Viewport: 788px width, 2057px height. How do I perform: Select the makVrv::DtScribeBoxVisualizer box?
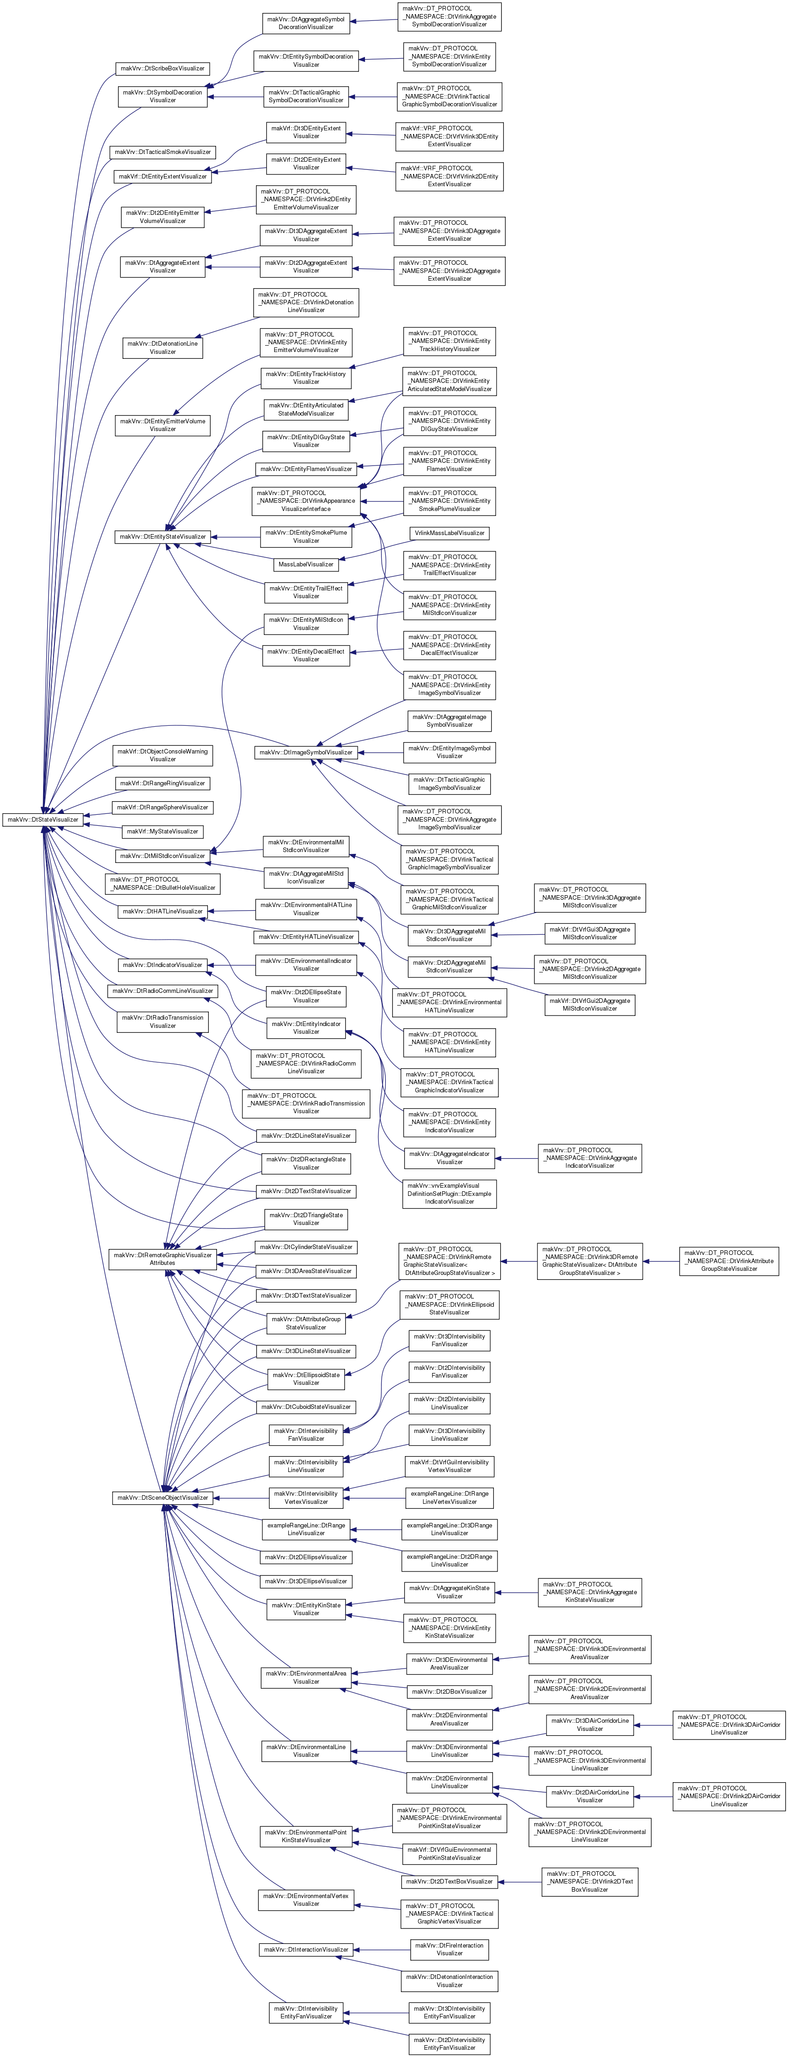click(x=163, y=69)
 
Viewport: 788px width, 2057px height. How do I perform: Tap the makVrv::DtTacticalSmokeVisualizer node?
click(x=163, y=152)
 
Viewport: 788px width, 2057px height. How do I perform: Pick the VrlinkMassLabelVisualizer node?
click(x=449, y=533)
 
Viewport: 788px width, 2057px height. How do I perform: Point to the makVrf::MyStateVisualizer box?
click(x=163, y=831)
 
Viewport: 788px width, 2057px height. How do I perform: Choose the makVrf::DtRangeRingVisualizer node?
click(x=163, y=783)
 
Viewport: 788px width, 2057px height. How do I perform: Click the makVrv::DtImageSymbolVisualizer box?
click(x=306, y=752)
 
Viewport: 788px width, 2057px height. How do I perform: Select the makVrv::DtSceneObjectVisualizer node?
click(x=163, y=1497)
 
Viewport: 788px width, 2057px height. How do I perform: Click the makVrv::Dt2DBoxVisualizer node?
click(x=449, y=1691)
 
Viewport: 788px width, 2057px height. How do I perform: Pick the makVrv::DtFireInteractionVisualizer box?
click(x=449, y=1949)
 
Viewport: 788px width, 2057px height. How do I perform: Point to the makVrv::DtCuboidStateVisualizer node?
click(x=306, y=1407)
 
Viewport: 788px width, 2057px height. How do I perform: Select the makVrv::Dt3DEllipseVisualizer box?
click(x=306, y=1581)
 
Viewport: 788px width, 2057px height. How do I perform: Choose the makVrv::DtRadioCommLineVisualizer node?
click(x=163, y=991)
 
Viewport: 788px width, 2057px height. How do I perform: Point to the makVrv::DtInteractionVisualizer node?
click(x=306, y=1949)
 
